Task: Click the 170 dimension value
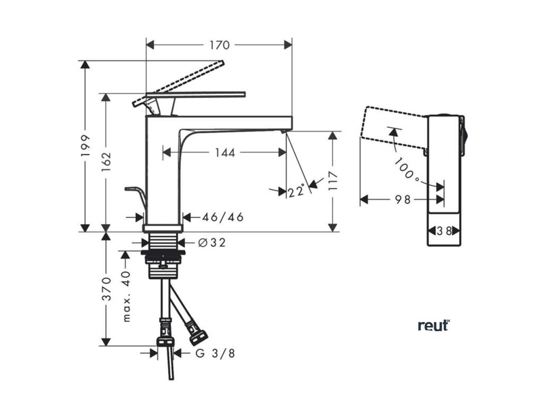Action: pos(220,46)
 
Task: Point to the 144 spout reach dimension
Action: pos(225,153)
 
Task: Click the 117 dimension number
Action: pos(332,182)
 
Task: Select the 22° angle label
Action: pos(296,191)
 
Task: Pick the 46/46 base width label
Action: pos(223,217)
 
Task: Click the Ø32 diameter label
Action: pos(212,243)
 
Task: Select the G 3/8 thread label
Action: pos(215,353)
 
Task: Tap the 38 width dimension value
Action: pos(445,231)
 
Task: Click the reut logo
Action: pos(433,325)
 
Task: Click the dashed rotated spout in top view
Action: pos(392,125)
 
